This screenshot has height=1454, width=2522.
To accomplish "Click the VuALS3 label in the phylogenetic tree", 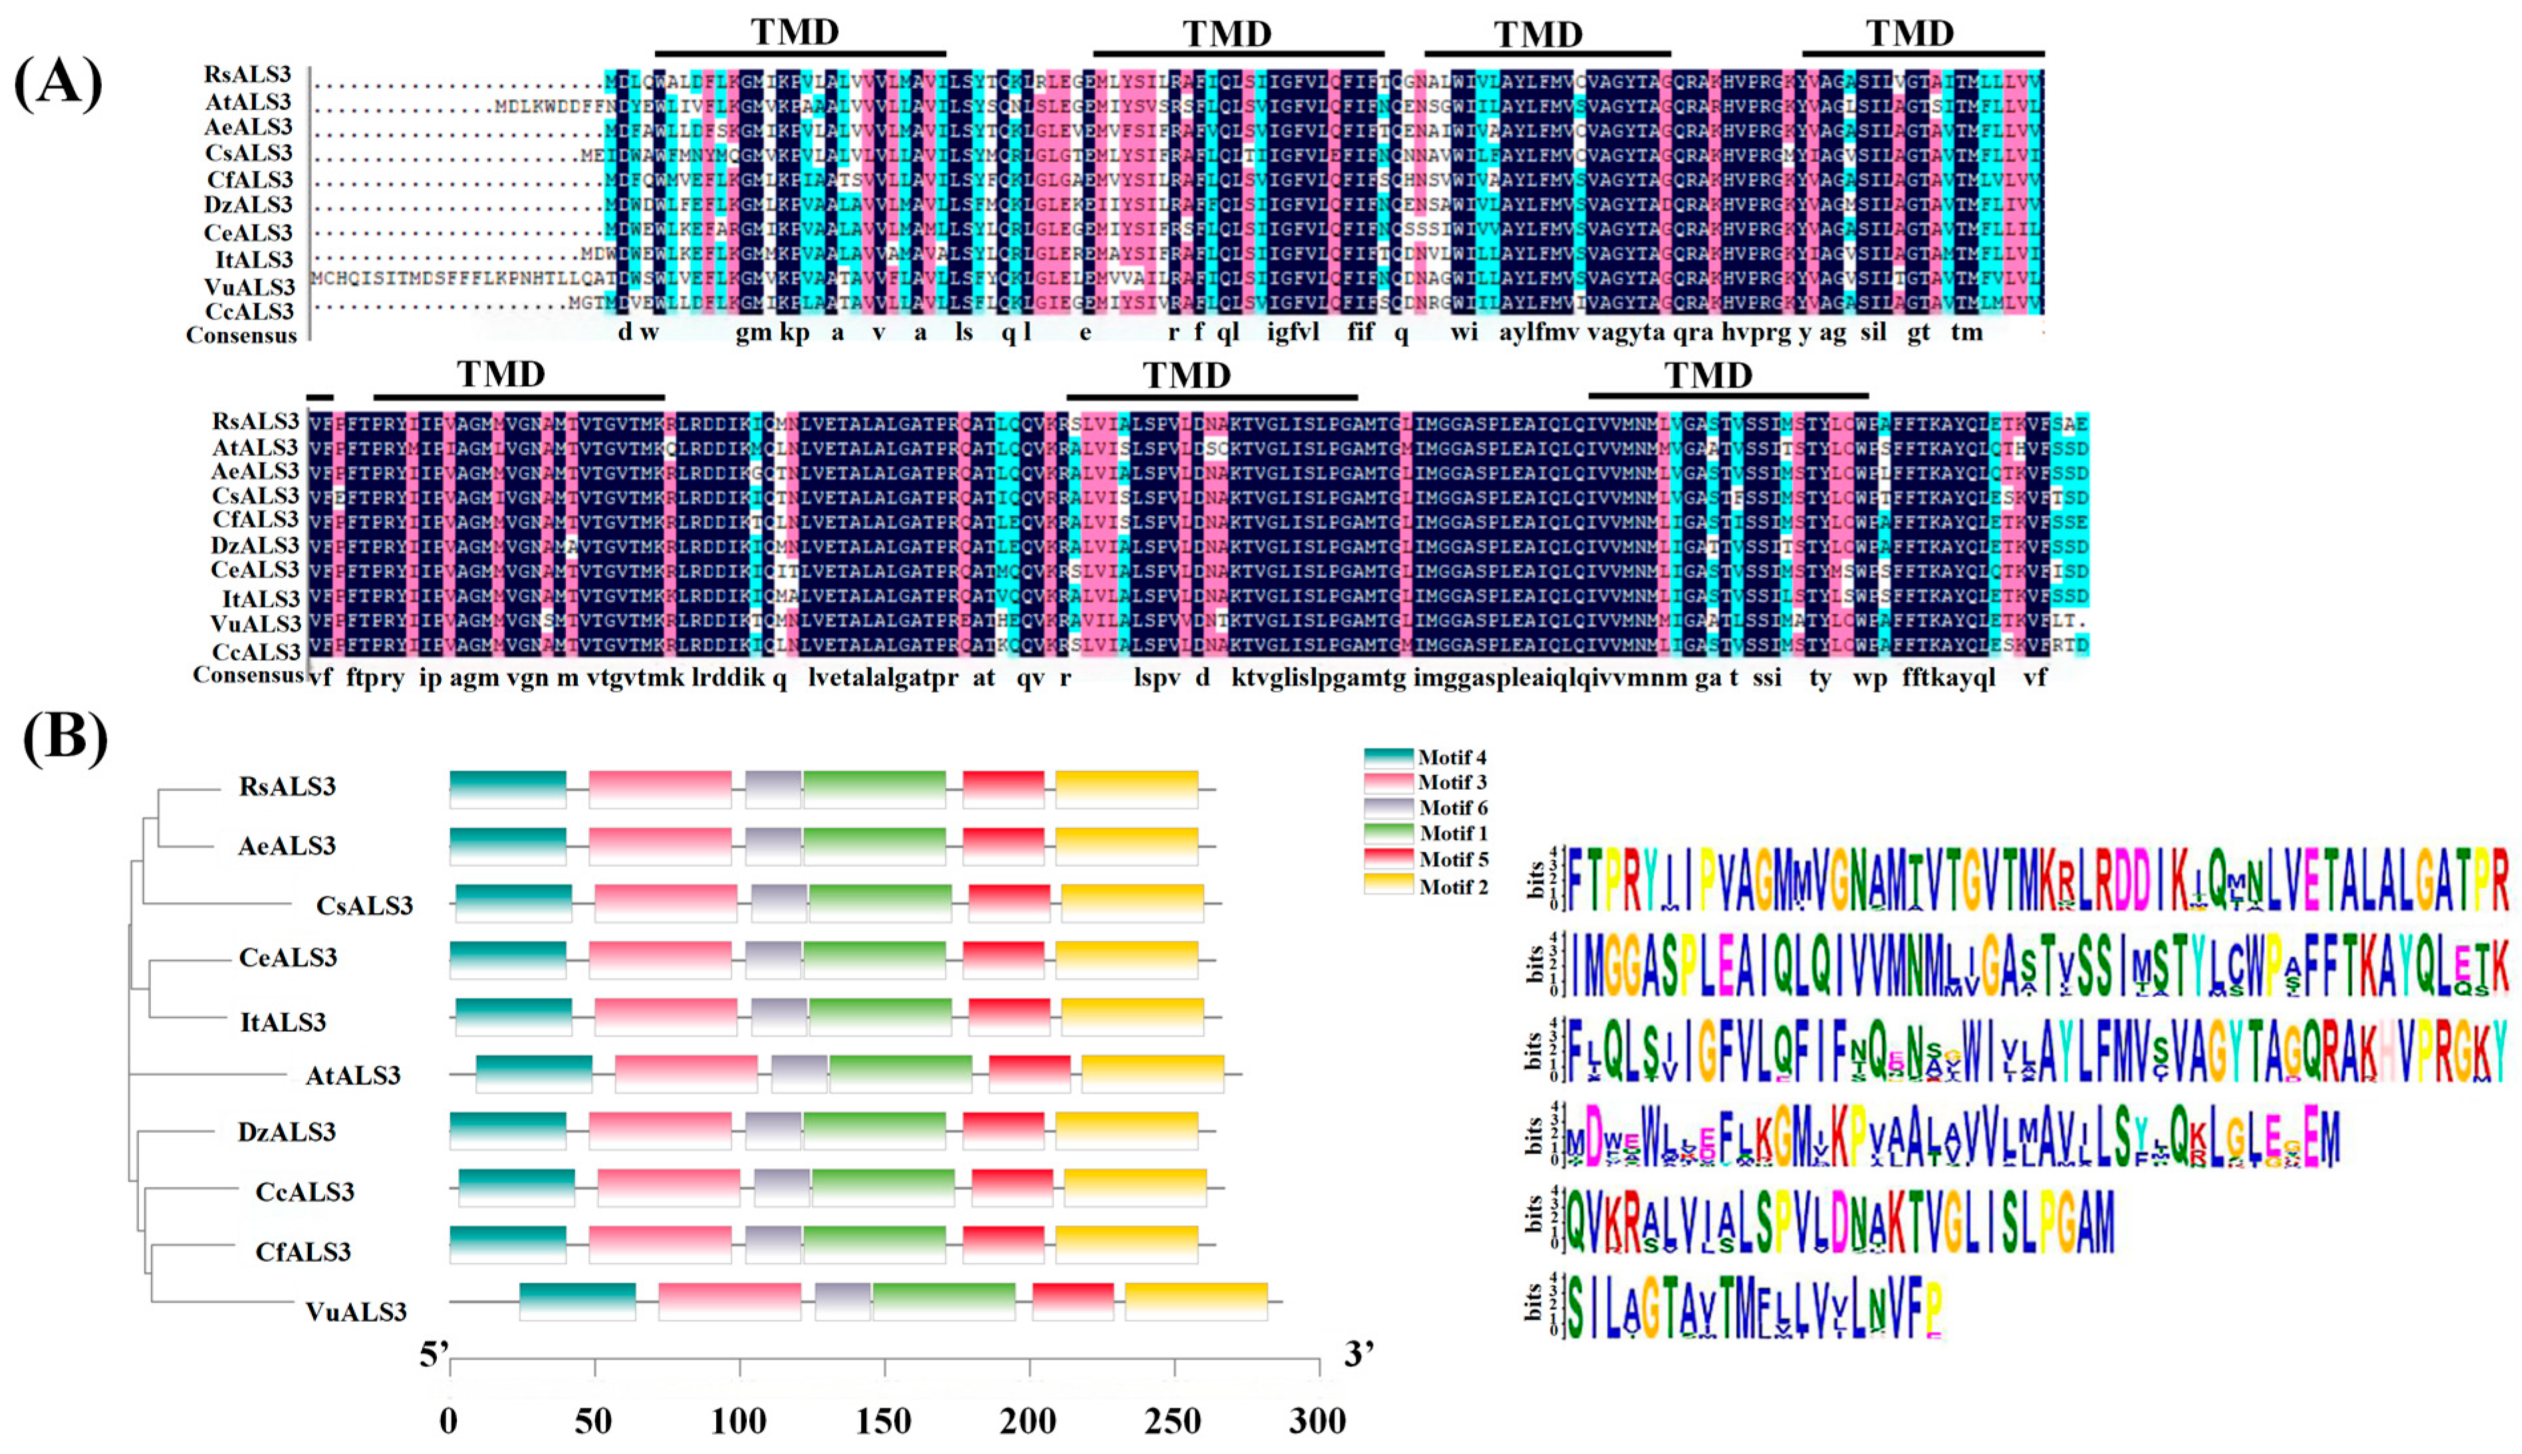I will (356, 1311).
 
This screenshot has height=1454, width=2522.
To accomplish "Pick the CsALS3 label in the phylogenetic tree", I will (364, 906).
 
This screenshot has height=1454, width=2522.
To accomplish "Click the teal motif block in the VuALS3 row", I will (577, 1301).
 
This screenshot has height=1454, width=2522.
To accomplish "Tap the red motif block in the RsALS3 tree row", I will (1003, 789).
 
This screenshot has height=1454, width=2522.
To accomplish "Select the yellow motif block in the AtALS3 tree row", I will (1152, 1074).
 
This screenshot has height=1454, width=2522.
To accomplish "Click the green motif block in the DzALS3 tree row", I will (874, 1130).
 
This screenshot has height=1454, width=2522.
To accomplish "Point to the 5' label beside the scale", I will (434, 1355).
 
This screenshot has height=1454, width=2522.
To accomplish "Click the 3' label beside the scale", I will (1359, 1355).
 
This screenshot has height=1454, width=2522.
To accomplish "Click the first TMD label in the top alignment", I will (795, 32).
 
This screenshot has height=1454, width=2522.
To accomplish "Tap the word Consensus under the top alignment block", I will (241, 336).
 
